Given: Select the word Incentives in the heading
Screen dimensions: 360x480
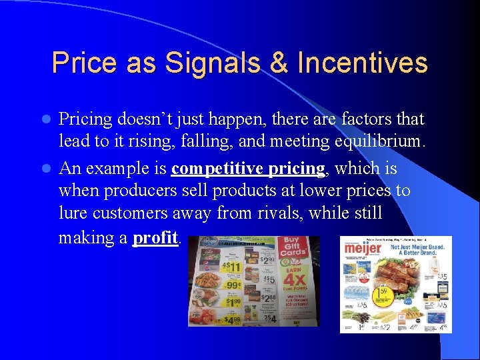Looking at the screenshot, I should click(x=362, y=63).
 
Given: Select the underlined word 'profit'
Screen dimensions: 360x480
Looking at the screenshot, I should click(x=155, y=237).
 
